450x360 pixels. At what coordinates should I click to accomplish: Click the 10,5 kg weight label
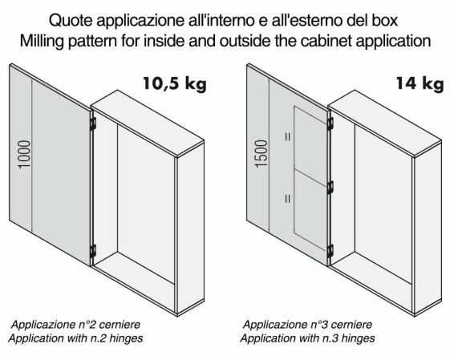pos(175,83)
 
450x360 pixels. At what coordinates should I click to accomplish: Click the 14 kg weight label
pos(420,83)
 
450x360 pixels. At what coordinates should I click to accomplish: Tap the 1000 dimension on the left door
pos(24,154)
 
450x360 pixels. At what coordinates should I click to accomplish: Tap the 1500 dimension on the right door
pos(261,153)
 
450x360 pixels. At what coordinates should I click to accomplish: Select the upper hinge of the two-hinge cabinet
pos(93,124)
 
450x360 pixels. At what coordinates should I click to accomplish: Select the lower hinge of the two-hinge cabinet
pos(93,251)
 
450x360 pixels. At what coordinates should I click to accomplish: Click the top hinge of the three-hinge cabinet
pos(330,123)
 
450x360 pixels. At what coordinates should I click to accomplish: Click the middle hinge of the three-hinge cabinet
pos(330,188)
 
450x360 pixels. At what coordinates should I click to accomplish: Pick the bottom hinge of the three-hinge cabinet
pos(330,251)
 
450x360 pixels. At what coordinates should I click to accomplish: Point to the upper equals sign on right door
pos(287,136)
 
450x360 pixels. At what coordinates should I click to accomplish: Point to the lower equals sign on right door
pos(287,199)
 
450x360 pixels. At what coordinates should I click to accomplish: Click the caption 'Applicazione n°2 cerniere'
pos(75,325)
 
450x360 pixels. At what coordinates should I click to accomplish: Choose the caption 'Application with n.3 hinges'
pos(307,338)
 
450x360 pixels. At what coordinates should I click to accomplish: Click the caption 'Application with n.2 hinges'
pos(75,338)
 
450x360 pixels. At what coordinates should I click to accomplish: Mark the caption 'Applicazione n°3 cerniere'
pos(307,325)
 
